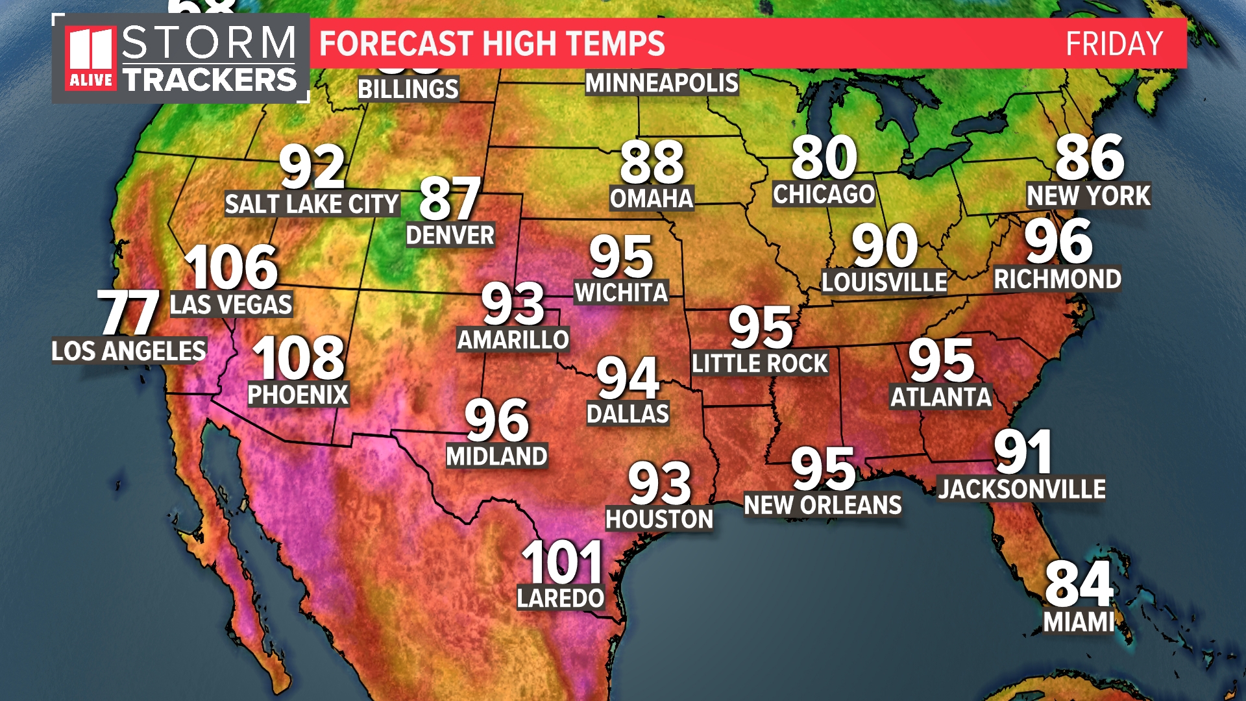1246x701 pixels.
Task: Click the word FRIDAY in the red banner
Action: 1114,44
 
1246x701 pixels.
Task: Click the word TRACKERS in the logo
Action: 210,80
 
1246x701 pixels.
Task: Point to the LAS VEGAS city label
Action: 231,304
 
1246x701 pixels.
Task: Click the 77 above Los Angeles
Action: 128,312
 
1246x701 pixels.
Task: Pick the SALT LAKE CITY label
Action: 311,204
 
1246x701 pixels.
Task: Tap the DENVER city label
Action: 450,235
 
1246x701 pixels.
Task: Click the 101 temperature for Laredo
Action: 562,562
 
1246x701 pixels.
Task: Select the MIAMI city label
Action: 1079,622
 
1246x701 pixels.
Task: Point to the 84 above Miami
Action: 1079,584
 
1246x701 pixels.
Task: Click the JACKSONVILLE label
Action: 1021,489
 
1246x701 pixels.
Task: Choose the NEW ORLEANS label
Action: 823,505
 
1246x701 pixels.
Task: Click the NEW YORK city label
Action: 1088,195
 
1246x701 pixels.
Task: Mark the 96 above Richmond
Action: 1058,241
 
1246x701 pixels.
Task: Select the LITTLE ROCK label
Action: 759,363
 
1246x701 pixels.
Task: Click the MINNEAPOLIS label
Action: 662,83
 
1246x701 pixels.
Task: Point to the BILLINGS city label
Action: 408,89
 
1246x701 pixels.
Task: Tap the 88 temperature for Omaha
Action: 652,162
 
